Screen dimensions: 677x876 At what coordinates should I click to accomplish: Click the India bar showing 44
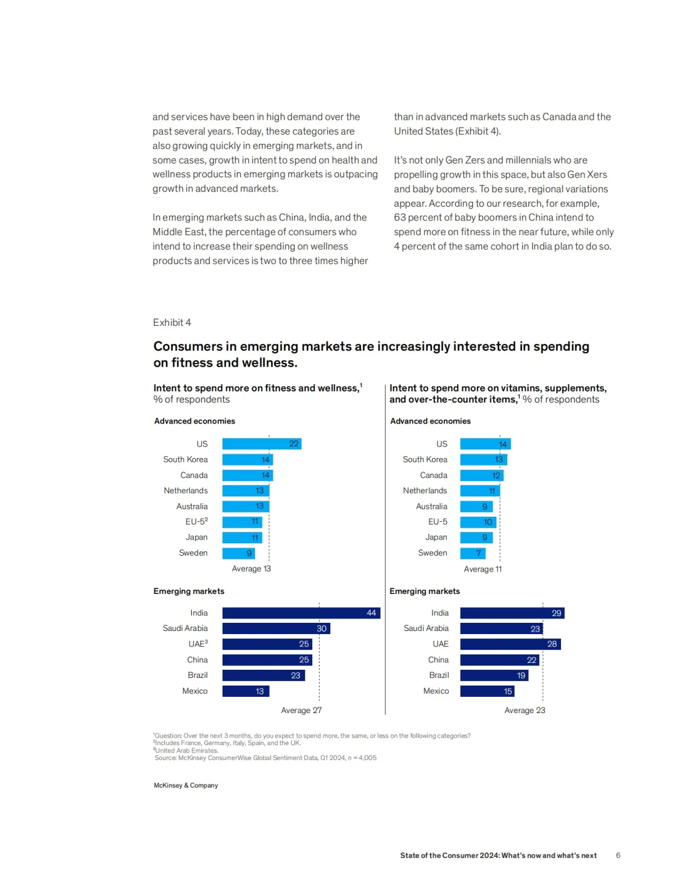pos(301,613)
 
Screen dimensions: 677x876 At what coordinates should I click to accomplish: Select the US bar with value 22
pos(261,444)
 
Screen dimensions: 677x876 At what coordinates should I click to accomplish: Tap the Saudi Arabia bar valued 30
pos(276,628)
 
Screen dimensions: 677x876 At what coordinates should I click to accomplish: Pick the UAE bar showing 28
pos(510,644)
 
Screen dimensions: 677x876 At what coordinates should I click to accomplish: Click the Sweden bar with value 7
pos(473,553)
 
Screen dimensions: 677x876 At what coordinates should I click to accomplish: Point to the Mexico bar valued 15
pos(487,691)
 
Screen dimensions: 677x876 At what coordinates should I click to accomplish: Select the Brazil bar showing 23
pos(264,675)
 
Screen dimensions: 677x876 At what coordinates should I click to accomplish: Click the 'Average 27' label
pos(302,711)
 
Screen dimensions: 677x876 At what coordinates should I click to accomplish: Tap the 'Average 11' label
pos(483,569)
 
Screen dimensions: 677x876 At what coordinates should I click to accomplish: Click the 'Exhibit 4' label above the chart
pos(172,323)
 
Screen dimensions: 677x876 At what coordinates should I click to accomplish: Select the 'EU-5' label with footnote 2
pos(196,521)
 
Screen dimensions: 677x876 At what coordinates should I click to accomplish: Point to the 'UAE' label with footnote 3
pos(198,644)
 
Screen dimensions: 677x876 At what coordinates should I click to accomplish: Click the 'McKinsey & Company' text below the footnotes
pos(186,785)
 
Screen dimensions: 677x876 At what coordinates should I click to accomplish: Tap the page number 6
pos(617,855)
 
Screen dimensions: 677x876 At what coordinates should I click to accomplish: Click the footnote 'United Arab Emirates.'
pos(186,750)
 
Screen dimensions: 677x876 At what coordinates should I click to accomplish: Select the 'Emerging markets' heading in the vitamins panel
pos(424,591)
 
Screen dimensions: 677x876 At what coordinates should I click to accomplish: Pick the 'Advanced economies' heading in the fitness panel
pos(194,421)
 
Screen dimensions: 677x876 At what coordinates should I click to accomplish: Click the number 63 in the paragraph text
pos(399,217)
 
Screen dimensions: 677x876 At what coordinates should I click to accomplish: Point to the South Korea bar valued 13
pos(483,459)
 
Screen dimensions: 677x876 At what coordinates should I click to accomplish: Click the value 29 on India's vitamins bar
pos(557,613)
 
